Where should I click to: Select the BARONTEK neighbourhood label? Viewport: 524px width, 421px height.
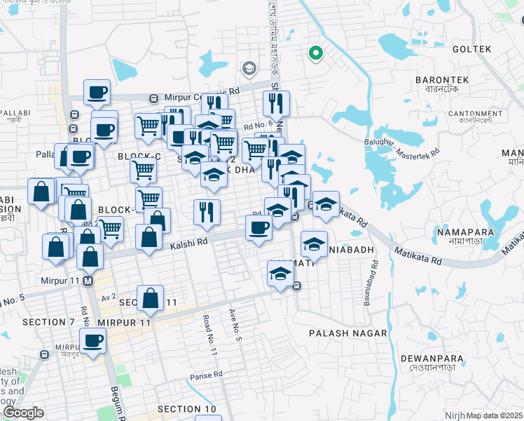pyautogui.click(x=436, y=80)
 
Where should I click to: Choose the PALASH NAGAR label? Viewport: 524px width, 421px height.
pyautogui.click(x=348, y=332)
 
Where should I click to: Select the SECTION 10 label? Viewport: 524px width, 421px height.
pyautogui.click(x=187, y=409)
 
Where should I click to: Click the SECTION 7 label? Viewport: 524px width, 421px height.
pyautogui.click(x=48, y=322)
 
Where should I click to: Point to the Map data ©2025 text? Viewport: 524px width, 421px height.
pyautogui.click(x=495, y=415)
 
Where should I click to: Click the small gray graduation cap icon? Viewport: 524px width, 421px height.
pyautogui.click(x=249, y=69)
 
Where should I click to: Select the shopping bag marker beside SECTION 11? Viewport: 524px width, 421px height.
pyautogui.click(x=151, y=298)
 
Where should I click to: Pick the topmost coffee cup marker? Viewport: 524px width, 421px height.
pyautogui.click(x=97, y=91)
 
